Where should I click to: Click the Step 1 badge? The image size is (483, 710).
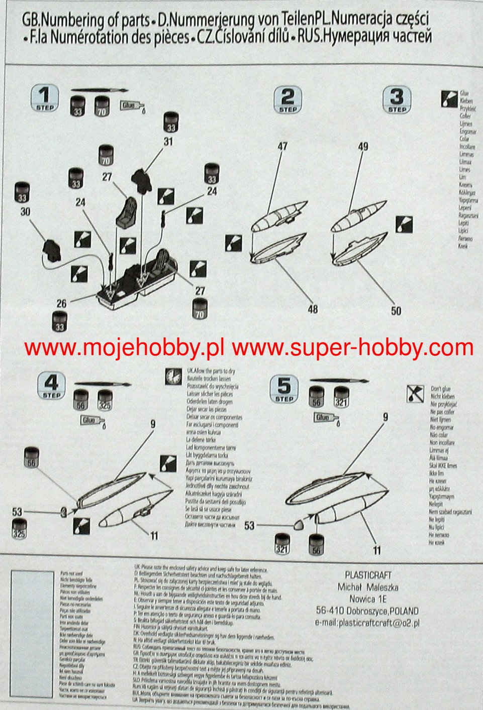point(45,97)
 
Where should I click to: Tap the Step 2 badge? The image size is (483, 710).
point(287,100)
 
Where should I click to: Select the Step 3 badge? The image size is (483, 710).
point(397,100)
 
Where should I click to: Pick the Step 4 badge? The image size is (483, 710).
point(52,387)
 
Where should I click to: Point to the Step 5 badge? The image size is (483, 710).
point(284,390)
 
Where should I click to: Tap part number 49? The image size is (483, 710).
point(363,146)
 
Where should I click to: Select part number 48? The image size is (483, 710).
point(313,309)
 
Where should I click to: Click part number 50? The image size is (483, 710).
point(396,311)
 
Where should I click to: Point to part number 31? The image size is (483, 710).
point(168,142)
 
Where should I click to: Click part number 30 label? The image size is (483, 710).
point(25,211)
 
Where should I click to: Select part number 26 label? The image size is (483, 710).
point(61,303)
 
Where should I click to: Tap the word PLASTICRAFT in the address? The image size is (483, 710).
point(368,575)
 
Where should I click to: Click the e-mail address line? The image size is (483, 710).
point(367,623)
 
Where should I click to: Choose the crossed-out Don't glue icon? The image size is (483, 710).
point(415,394)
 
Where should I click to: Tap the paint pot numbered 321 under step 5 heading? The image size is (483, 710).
point(342,397)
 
